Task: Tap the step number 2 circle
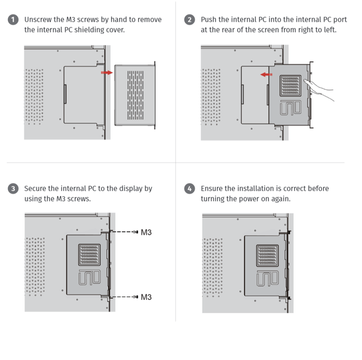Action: (x=190, y=20)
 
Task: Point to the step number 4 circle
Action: (x=190, y=189)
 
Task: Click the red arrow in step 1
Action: (x=107, y=72)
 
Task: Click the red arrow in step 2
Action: (x=267, y=75)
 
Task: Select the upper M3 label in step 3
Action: (x=146, y=232)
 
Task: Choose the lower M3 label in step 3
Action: (x=146, y=297)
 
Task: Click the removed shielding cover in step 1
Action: (x=135, y=95)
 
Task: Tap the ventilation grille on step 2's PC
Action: (x=290, y=84)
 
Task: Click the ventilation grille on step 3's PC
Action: (x=89, y=254)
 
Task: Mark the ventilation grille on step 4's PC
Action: (x=267, y=255)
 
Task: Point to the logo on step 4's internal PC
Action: (x=267, y=279)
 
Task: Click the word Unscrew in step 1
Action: (x=39, y=20)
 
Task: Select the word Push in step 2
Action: (x=209, y=20)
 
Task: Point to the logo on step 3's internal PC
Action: (x=89, y=279)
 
